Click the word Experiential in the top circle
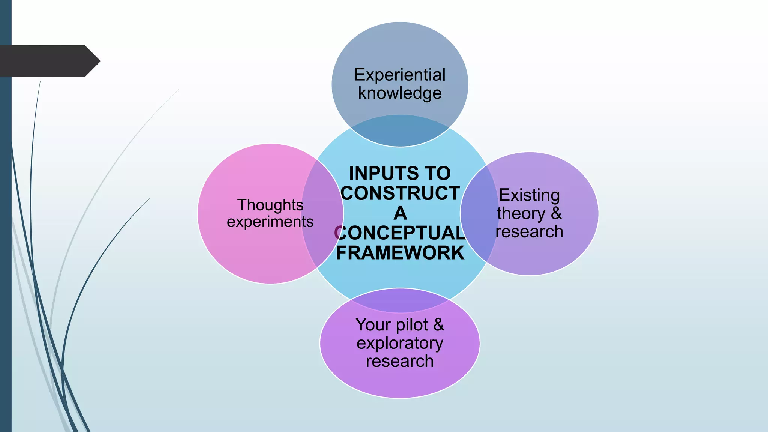[400, 75]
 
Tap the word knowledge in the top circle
[400, 93]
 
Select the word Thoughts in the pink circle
[270, 205]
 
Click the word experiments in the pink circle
[270, 222]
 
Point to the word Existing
[529, 195]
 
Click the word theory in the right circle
[521, 214]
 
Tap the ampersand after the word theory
[556, 213]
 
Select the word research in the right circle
[529, 232]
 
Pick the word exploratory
[400, 343]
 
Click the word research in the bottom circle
[400, 361]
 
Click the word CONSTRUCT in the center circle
[400, 193]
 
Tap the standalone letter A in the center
[400, 213]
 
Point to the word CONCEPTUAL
[400, 233]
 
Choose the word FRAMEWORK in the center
[400, 253]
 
